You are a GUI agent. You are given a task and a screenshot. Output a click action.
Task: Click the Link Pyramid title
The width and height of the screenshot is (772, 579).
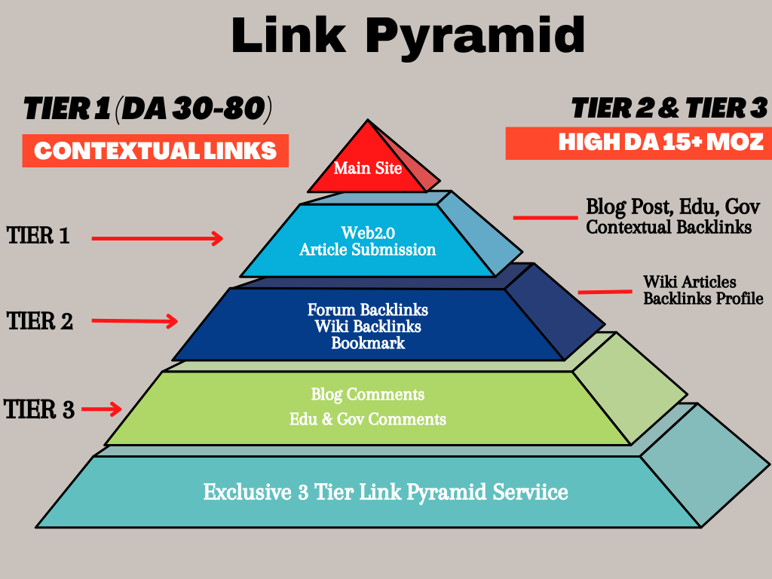pos(408,35)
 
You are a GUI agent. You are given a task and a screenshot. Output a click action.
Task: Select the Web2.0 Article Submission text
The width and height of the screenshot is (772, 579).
pos(367,240)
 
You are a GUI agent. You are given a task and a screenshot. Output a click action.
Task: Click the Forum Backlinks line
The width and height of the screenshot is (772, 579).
pos(367,310)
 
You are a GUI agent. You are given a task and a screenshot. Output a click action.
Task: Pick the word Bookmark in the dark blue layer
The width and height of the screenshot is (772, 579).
pos(368,343)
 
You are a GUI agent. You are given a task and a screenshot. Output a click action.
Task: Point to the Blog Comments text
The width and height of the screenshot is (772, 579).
pos(367,394)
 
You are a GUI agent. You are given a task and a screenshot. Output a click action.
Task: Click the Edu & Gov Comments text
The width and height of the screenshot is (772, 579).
pos(367,419)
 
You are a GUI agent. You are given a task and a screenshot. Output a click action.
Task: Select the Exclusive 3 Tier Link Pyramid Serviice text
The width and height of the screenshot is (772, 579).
pos(385,493)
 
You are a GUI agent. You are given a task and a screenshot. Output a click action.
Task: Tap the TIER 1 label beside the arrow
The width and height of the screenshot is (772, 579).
pos(38,236)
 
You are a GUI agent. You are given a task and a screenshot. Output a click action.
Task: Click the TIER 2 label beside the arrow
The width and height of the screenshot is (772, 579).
pos(40,321)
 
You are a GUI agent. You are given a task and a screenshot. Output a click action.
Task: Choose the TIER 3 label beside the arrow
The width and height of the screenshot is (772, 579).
pos(39,410)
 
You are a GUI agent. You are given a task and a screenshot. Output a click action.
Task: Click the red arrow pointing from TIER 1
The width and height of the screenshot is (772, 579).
pos(158,238)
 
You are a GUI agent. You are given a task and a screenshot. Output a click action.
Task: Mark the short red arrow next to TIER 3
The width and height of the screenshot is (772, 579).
pos(102,409)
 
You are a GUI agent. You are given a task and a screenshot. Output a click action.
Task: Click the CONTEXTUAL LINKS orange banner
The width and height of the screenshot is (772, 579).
pos(155,151)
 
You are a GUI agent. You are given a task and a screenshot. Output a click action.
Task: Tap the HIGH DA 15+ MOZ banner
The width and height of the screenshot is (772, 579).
pos(637,142)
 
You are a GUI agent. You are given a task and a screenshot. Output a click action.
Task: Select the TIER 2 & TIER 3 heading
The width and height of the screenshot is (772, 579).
pos(669,109)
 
